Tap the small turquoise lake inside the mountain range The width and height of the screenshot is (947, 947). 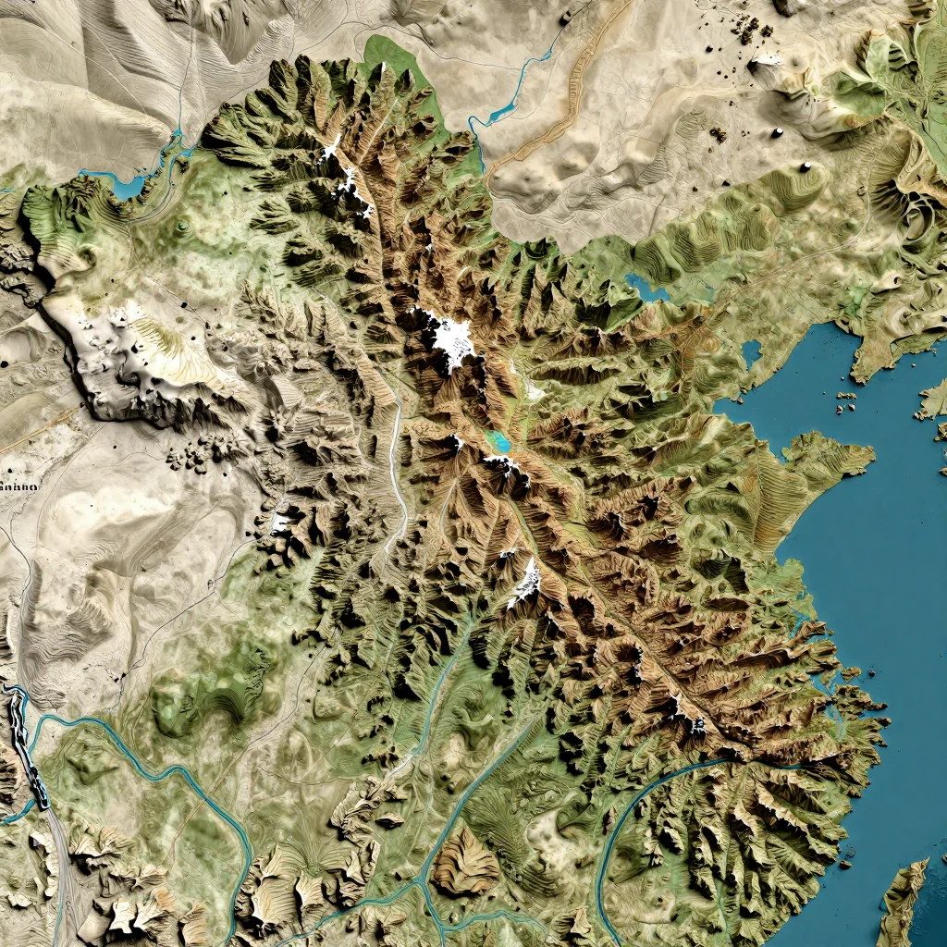[x=499, y=441]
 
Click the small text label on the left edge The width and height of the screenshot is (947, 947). [x=18, y=485]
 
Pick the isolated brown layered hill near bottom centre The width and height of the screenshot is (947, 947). [x=466, y=862]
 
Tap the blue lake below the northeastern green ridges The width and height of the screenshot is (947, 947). [x=647, y=288]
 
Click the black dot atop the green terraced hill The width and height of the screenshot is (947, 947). [x=806, y=166]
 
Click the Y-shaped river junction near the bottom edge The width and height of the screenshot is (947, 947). [x=422, y=883]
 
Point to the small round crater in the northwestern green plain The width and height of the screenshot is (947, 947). [x=182, y=225]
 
